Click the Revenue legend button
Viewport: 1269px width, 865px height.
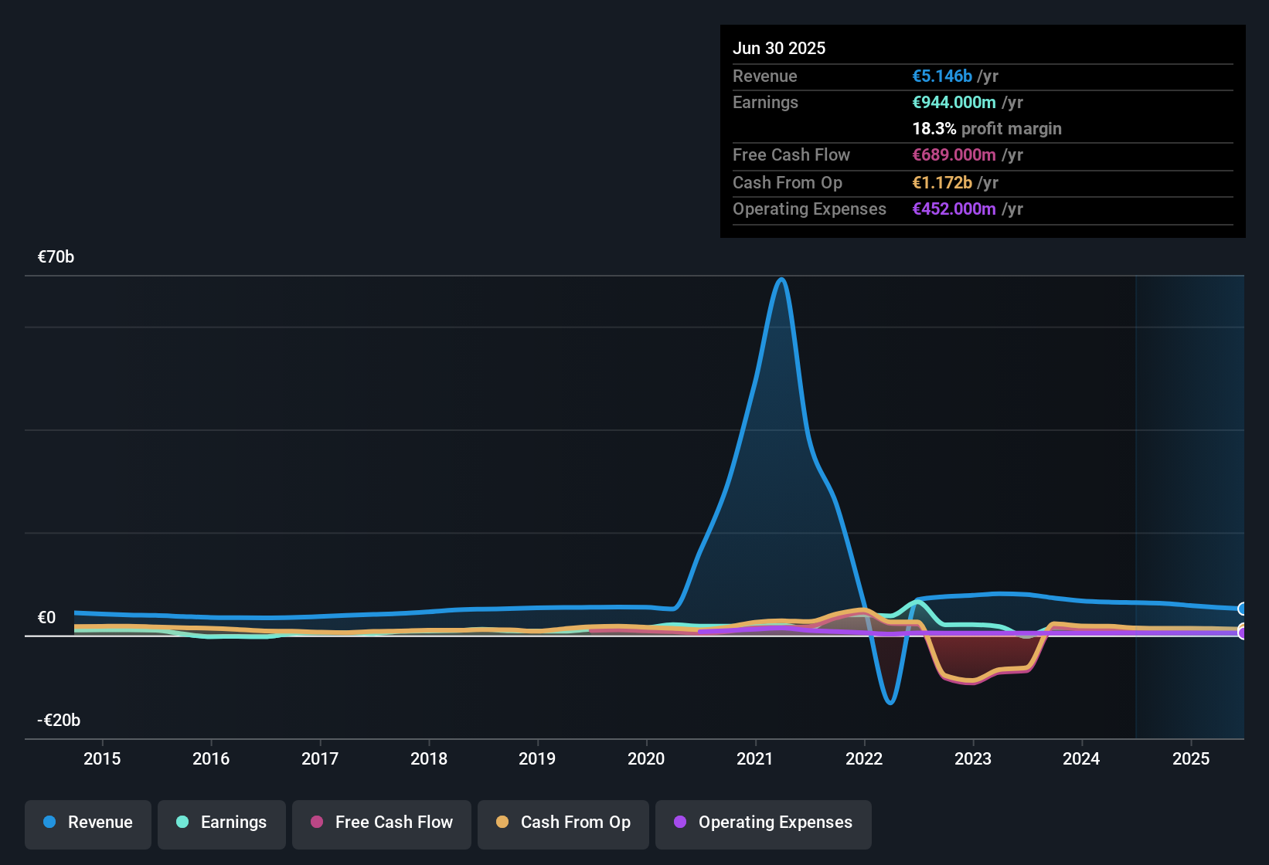[88, 823]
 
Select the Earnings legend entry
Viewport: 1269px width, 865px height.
[222, 823]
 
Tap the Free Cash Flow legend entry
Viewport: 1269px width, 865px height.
[382, 823]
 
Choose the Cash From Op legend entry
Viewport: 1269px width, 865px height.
[563, 823]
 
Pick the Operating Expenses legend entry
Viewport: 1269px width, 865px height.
[764, 823]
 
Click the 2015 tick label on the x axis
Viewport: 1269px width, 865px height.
[102, 759]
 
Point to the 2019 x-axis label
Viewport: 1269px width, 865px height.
[537, 759]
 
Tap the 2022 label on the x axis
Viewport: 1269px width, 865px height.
[864, 759]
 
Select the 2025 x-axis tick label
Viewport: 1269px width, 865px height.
[1191, 759]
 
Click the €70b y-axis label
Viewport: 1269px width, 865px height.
[56, 257]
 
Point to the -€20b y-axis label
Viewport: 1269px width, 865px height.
[59, 721]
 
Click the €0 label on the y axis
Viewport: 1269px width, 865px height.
[46, 618]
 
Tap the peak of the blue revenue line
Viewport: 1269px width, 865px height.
[782, 280]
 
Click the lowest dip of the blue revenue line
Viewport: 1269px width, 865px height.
[890, 703]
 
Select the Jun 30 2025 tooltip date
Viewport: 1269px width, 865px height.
[779, 49]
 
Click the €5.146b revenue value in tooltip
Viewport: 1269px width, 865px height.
[942, 76]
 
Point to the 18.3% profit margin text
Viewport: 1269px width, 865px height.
[987, 129]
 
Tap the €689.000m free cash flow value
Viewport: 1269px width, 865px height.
[954, 155]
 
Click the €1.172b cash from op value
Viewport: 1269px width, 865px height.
[942, 183]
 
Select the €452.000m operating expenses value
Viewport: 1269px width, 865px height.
[954, 209]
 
